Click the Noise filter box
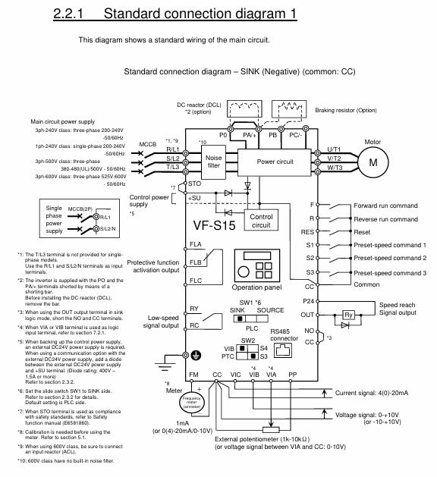point(213,162)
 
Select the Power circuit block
point(275,162)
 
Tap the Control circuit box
point(261,220)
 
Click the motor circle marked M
point(373,162)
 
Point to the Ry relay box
point(348,315)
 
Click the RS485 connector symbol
point(283,350)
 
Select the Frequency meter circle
point(191,402)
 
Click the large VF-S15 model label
point(214,225)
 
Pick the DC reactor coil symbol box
point(244,109)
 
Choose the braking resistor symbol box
point(289,109)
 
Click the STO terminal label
point(194,184)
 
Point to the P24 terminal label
point(308,301)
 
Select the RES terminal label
point(307,232)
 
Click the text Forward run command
point(385,206)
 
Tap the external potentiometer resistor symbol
point(271,429)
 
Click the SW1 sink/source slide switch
point(251,319)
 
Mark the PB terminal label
point(272,135)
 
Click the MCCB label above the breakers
point(148,144)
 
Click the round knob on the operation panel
point(244,271)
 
